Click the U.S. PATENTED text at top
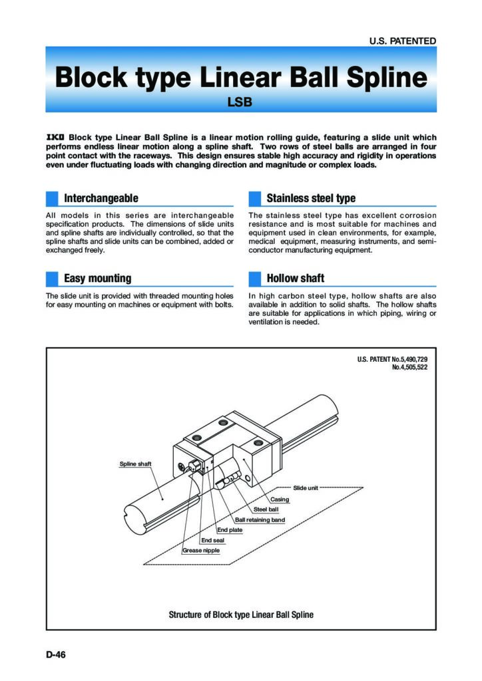tap(403, 41)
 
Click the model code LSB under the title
tap(241, 102)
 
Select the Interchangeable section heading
tap(101, 198)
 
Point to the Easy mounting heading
tap(97, 278)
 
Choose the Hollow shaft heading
tap(296, 278)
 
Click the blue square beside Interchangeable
tap(53, 198)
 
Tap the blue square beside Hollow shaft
tap(255, 278)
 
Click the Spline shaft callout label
tap(135, 464)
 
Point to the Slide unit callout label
tap(306, 488)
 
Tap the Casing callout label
tap(279, 499)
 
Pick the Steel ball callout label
tap(266, 509)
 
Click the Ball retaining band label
tap(260, 519)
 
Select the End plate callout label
tap(230, 530)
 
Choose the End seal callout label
tap(213, 541)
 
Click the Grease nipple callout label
tap(201, 551)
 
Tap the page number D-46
tap(56, 655)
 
